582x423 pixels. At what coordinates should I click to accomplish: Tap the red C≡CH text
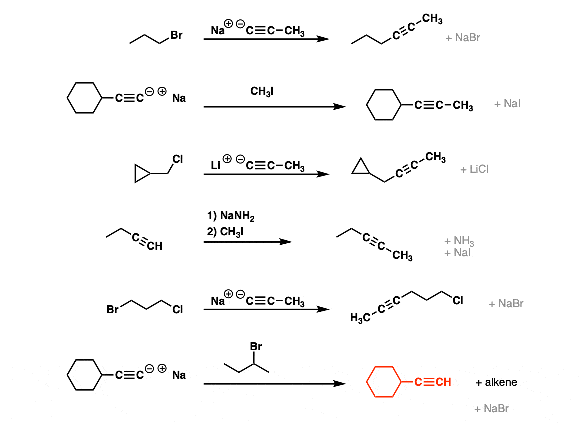(433, 382)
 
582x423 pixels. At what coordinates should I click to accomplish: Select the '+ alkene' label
(496, 382)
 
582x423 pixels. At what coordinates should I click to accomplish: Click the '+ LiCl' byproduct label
(474, 169)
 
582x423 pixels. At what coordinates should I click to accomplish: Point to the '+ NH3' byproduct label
(459, 241)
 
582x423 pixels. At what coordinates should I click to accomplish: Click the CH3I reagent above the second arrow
(262, 91)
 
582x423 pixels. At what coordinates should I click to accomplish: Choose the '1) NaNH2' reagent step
(231, 216)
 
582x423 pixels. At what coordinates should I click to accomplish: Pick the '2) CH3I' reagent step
(225, 232)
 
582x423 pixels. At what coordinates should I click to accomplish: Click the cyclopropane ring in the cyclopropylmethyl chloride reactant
(136, 173)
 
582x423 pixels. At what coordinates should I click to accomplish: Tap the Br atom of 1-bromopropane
(176, 35)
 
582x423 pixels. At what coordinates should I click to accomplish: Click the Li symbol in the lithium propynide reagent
(215, 166)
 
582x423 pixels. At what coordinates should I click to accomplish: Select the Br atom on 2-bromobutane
(256, 346)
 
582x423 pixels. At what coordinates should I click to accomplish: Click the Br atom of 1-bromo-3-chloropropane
(112, 309)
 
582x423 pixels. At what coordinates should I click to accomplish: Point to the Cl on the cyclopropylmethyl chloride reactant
(178, 159)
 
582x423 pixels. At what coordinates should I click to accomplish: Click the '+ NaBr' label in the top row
(463, 38)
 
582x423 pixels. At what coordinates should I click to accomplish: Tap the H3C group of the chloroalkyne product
(360, 318)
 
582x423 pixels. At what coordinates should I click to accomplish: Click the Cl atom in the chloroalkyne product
(458, 300)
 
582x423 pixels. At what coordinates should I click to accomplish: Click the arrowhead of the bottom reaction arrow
(339, 384)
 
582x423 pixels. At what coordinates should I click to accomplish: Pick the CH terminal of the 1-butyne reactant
(155, 246)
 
